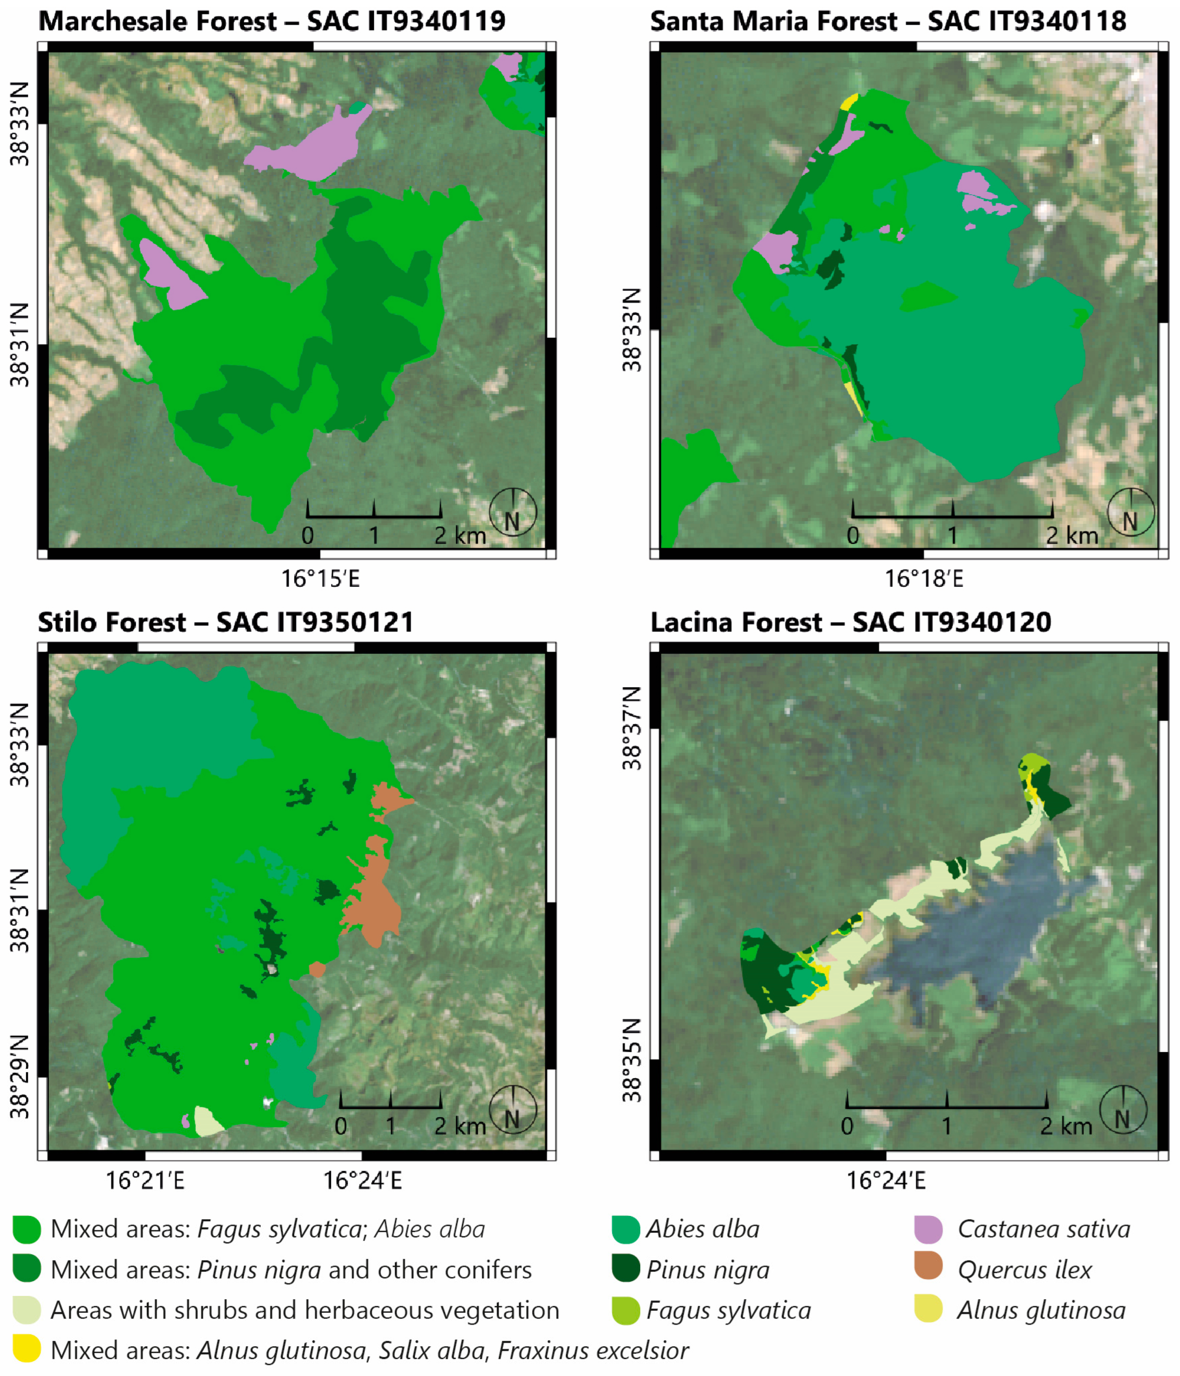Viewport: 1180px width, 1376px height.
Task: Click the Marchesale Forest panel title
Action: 271,21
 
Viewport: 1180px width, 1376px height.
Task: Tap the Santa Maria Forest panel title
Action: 888,21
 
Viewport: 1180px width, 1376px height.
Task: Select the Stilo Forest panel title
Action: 226,622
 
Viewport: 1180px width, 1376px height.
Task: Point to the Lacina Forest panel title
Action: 850,622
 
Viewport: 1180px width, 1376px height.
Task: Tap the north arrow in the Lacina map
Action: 1123,1110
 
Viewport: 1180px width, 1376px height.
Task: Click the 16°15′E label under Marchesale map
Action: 320,579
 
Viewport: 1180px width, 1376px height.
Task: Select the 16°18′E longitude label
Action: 923,579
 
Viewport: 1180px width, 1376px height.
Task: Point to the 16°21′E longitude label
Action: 145,1181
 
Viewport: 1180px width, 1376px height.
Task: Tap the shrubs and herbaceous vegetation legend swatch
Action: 27,1309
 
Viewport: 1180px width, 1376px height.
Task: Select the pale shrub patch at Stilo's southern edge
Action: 208,1121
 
